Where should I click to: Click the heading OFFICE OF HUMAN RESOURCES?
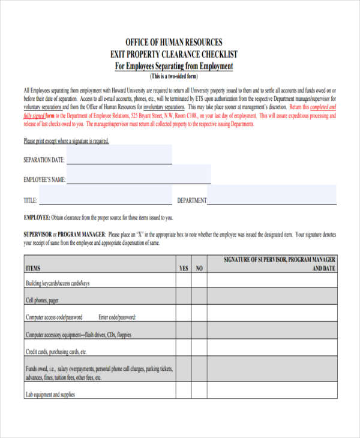(173, 42)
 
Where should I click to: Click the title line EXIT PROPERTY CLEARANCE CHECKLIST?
(173, 54)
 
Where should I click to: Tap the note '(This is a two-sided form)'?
(173, 76)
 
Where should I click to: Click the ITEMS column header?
(34, 268)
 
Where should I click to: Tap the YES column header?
(184, 268)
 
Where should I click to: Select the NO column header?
(199, 268)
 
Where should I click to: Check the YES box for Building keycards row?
(184, 282)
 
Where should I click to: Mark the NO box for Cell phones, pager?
(199, 299)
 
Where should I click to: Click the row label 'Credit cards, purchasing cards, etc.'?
(56, 352)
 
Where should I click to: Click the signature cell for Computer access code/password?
(271, 317)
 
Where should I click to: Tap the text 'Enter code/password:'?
(117, 317)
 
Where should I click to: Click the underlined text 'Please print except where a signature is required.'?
(66, 141)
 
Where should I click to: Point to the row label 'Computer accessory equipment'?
(78, 335)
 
